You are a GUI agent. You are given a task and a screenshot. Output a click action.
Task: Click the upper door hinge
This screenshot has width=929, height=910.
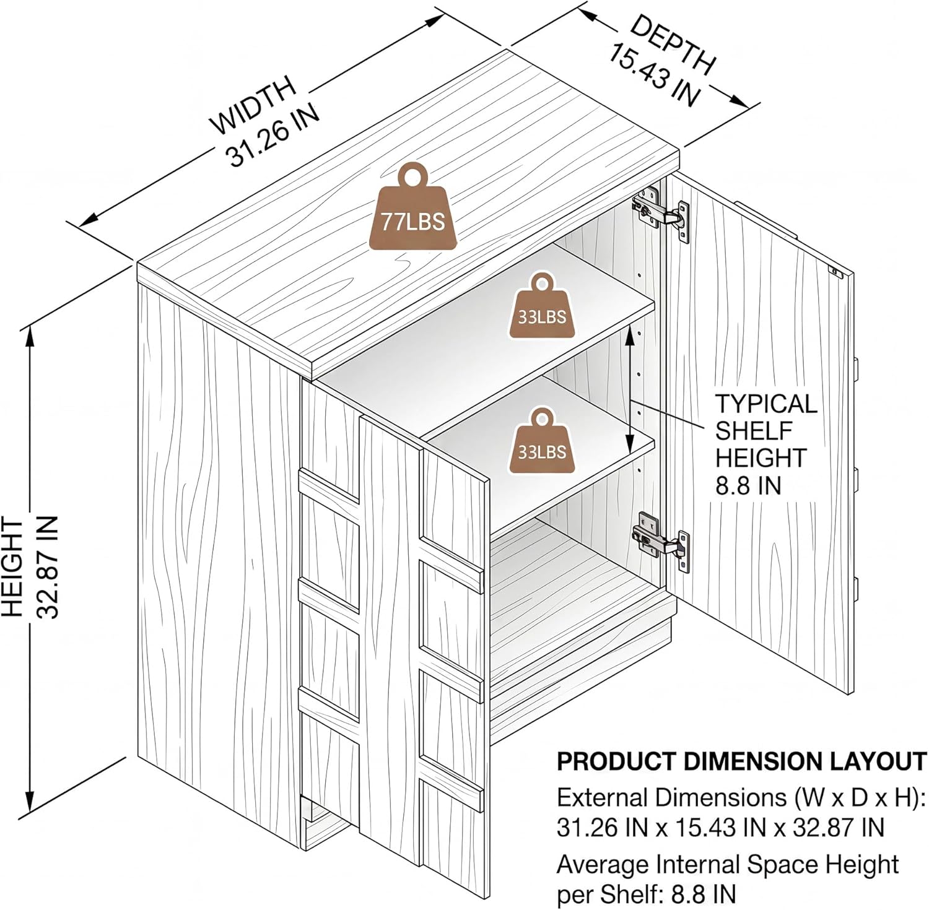click(661, 214)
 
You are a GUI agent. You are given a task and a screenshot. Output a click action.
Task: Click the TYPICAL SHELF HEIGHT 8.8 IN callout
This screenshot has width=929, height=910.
click(766, 444)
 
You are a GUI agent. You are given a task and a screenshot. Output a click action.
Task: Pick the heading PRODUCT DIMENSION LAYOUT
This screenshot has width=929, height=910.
click(741, 761)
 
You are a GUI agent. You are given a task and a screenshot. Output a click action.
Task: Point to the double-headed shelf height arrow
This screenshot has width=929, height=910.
click(630, 391)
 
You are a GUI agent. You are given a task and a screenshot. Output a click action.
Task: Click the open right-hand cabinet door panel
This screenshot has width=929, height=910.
click(759, 433)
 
